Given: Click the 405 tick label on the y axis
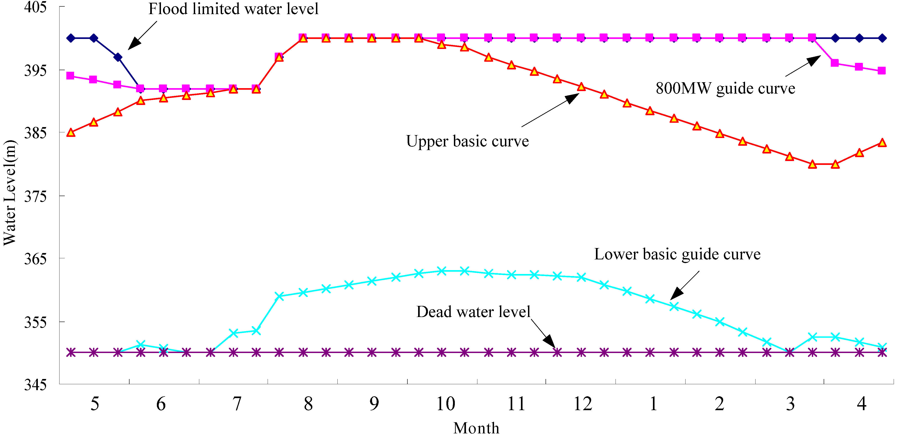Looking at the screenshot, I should pos(35,7).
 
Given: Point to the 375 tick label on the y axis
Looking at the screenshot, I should pos(35,196).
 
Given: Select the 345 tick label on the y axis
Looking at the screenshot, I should pos(35,384).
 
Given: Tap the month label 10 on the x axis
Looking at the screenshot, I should pos(445,404).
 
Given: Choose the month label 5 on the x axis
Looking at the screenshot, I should pos(95,404).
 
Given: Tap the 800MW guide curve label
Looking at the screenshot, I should pos(725,88).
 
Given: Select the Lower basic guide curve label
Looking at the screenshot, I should pos(677,254).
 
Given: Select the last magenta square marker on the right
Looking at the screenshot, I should pos(882,71).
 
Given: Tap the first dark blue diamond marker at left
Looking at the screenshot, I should pos(71,38).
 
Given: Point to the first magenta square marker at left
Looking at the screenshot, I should pos(70,76).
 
